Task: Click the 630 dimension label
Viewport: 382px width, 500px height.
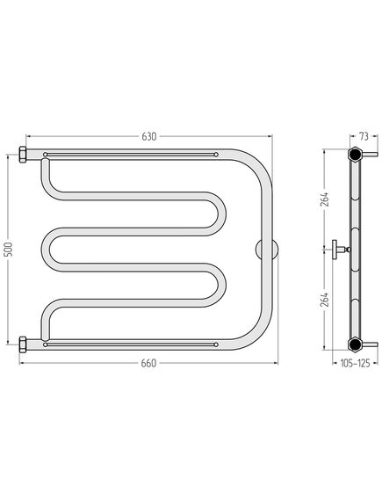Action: pyautogui.click(x=149, y=136)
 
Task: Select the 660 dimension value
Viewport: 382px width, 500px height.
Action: pyautogui.click(x=148, y=363)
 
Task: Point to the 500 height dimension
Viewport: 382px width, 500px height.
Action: pyautogui.click(x=9, y=250)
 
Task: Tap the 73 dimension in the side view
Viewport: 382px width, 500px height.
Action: pyautogui.click(x=364, y=136)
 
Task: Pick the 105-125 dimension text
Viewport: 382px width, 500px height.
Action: pyautogui.click(x=356, y=363)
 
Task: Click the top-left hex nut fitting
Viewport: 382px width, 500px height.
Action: pyautogui.click(x=23, y=155)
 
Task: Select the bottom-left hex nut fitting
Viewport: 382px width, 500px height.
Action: pyautogui.click(x=23, y=344)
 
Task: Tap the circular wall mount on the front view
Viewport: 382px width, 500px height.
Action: pyautogui.click(x=267, y=250)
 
